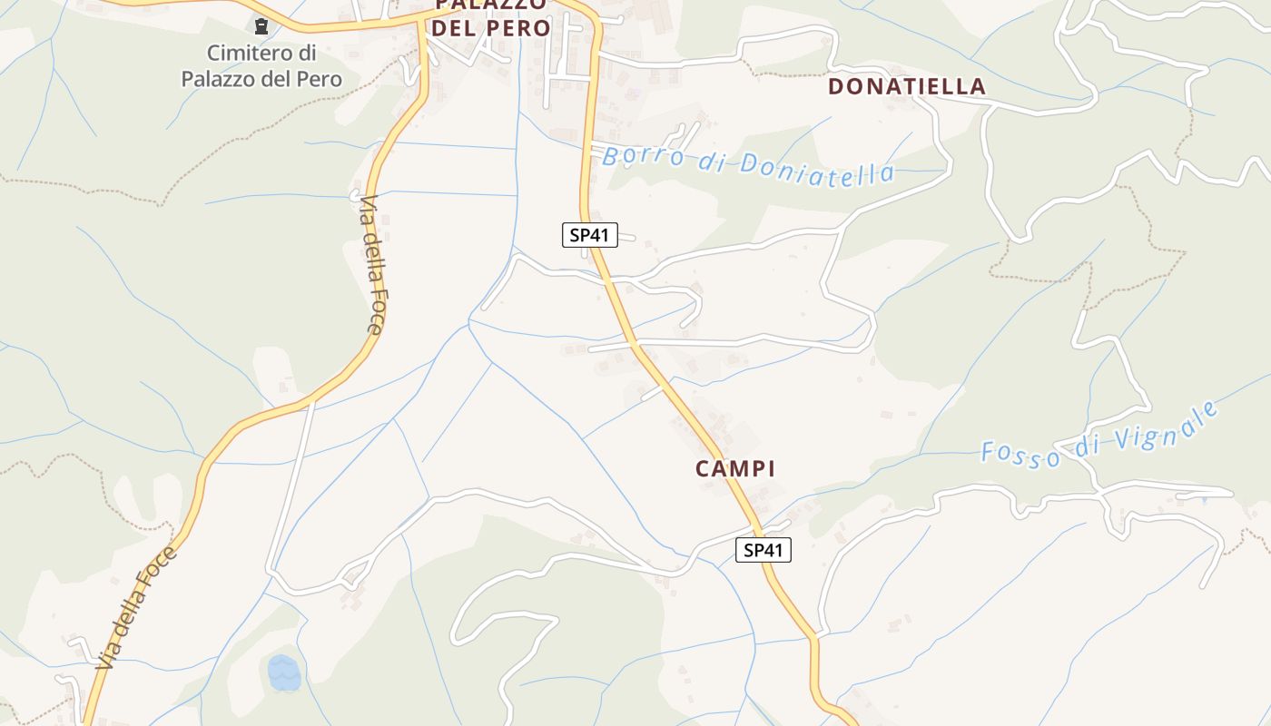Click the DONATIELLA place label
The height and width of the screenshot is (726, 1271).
click(x=907, y=86)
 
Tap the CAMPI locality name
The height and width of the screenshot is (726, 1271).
click(x=735, y=468)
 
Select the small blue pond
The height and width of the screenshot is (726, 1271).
click(x=283, y=672)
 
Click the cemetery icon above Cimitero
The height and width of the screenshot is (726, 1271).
click(x=261, y=27)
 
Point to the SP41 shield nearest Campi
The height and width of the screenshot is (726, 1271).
click(x=763, y=549)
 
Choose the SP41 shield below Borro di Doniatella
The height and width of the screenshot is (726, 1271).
click(x=589, y=235)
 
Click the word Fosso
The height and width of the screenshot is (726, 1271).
click(x=1020, y=453)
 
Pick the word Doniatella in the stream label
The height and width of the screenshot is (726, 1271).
click(x=816, y=168)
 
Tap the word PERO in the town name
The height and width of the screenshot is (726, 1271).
click(x=521, y=28)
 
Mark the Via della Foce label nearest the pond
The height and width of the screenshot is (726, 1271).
click(x=134, y=608)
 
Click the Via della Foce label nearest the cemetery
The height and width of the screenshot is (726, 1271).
click(x=372, y=265)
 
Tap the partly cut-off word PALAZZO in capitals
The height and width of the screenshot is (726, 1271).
click(x=490, y=5)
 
